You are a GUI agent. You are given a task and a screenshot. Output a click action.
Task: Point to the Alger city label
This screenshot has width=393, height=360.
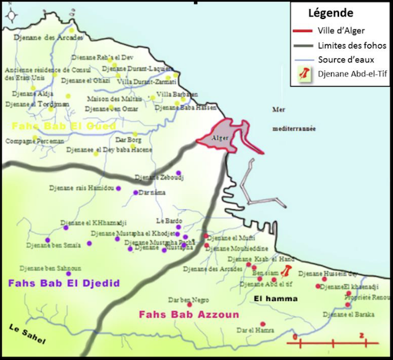pos(219,138)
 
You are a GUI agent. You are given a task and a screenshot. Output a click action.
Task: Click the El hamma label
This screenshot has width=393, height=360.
pos(276,299)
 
